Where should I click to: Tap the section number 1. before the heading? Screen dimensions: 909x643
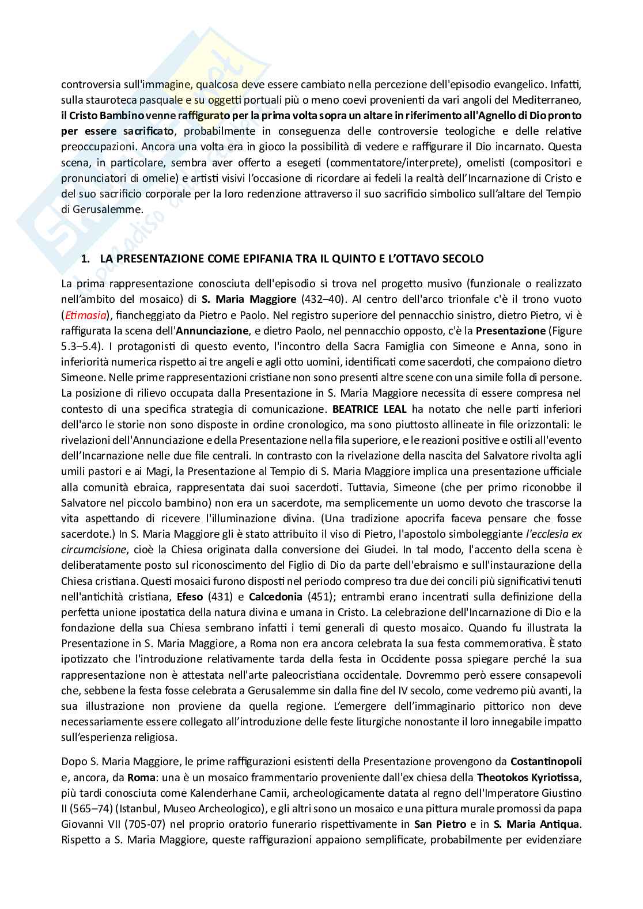[85, 259]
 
